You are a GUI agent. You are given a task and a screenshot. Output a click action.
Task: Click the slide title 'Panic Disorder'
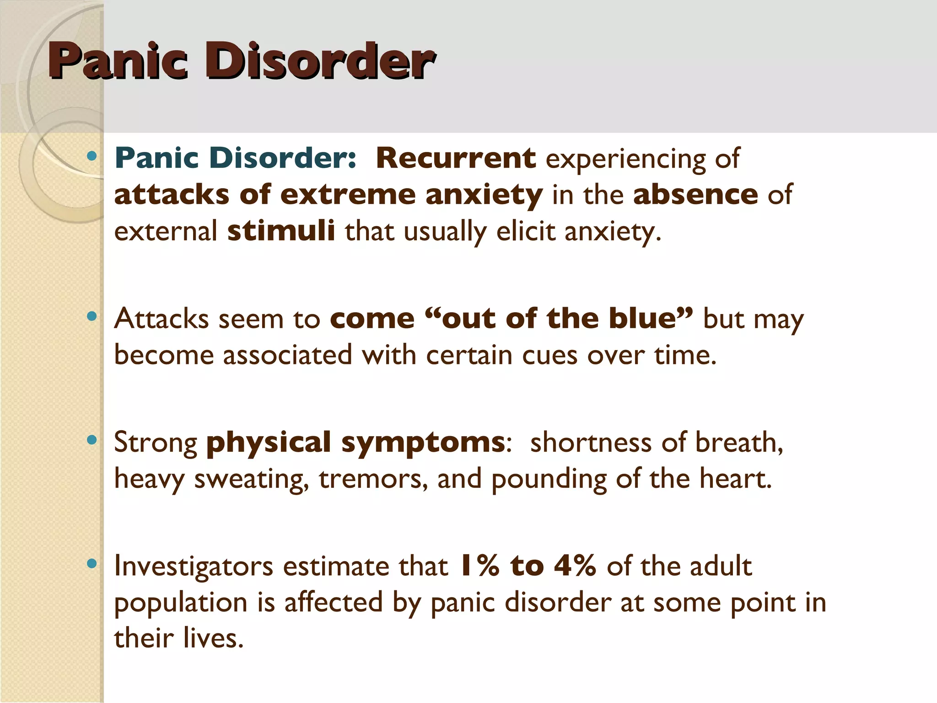pos(242,61)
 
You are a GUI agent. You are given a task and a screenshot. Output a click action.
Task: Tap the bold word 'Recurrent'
pos(455,158)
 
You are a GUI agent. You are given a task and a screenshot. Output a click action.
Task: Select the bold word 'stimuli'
pos(281,231)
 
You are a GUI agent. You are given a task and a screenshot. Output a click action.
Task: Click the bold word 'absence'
pos(695,195)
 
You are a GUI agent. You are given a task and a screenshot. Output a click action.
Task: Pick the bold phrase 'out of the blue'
pos(558,319)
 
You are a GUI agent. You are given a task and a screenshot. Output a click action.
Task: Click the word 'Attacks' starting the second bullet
pos(162,319)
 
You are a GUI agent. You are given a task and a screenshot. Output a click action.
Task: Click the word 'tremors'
pos(373,479)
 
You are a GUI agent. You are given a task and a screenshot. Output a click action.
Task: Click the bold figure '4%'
pos(575,566)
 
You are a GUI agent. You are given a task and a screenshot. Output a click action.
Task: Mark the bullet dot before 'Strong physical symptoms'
pos(92,440)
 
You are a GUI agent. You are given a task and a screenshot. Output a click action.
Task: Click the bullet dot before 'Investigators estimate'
pos(92,564)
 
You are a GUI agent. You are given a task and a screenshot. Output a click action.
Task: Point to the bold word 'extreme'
pos(347,195)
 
